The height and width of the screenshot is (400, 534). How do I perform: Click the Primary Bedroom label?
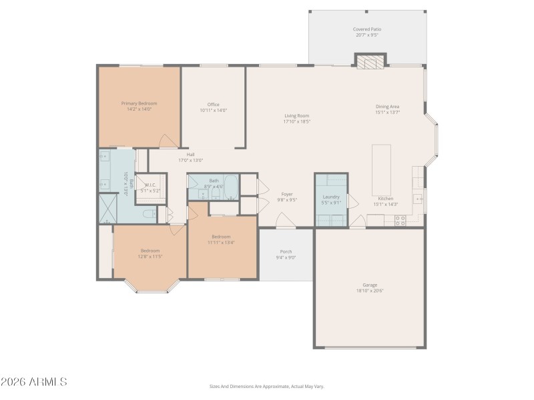(x=139, y=103)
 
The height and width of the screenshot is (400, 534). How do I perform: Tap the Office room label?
(x=214, y=105)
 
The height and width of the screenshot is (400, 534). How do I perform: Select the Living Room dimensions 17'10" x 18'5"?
(x=296, y=121)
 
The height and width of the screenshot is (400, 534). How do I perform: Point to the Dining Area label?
(x=387, y=107)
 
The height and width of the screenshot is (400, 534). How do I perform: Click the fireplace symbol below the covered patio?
(x=370, y=62)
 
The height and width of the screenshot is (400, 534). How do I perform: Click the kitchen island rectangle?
(x=381, y=169)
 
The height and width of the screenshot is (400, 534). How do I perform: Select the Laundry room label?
(x=331, y=197)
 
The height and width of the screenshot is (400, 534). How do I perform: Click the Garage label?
(x=370, y=285)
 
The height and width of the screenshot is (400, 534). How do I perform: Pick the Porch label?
(x=286, y=251)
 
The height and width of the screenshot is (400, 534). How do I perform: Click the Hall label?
(x=190, y=155)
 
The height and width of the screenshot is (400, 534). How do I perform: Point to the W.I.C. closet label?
(x=150, y=185)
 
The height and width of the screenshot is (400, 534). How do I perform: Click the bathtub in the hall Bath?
(x=231, y=187)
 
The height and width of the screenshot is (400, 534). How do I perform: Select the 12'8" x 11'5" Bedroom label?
(x=150, y=251)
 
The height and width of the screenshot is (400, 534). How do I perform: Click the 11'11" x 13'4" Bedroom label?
(x=221, y=237)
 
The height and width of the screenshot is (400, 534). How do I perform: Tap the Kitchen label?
(x=386, y=199)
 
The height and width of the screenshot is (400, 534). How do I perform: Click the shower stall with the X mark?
(x=107, y=208)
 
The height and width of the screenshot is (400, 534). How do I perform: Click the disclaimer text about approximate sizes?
(x=266, y=386)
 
